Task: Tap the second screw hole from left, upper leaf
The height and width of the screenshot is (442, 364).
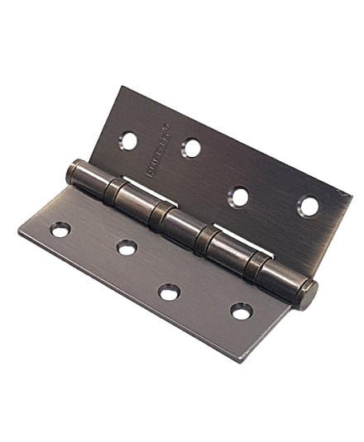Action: click(x=192, y=149)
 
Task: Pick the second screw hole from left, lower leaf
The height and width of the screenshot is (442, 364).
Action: click(x=127, y=248)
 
